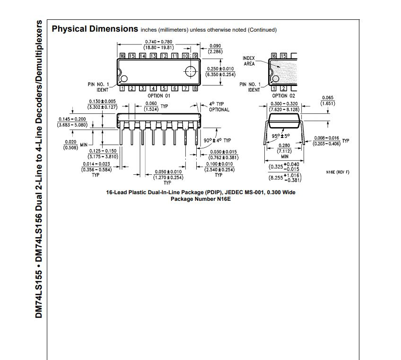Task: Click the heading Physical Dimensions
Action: [x=95, y=29]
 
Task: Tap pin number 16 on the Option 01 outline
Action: [x=122, y=56]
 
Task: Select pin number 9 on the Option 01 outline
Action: [x=195, y=56]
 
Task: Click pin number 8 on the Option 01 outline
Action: [x=195, y=88]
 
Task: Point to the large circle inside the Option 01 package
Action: [x=191, y=72]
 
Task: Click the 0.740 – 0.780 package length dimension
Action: [x=158, y=42]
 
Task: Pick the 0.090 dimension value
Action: [x=215, y=46]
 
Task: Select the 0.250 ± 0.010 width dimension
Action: [x=220, y=69]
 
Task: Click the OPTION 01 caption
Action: [x=158, y=95]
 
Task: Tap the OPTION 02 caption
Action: [x=283, y=95]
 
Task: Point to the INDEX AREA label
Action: [x=249, y=61]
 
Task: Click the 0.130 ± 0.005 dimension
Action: [x=102, y=102]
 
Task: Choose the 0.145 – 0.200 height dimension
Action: [x=72, y=119]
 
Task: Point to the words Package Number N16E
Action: [x=197, y=199]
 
